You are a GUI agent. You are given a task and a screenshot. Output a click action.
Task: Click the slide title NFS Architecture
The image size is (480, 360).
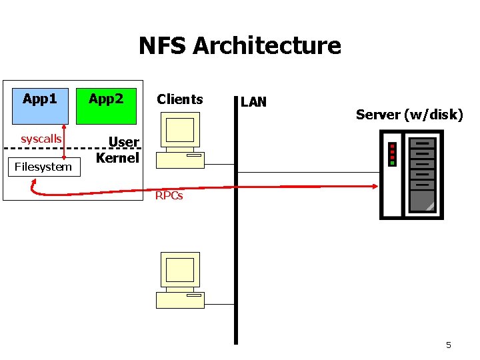coord(239,46)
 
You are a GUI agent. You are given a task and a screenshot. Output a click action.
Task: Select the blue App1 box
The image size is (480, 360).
coord(39,106)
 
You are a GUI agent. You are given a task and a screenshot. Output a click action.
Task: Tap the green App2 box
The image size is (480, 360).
coord(106,106)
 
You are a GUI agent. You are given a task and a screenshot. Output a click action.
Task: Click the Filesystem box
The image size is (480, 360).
coord(43,167)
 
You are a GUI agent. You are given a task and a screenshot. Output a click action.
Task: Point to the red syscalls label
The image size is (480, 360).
coord(41,139)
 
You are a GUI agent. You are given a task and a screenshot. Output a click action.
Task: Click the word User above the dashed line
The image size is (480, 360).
coord(123,142)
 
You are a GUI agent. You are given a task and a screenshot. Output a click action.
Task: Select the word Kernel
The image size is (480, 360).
coord(117,158)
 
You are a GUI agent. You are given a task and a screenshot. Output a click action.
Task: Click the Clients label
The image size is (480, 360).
coord(179,99)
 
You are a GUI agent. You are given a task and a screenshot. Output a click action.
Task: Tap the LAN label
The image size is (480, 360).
coord(253,102)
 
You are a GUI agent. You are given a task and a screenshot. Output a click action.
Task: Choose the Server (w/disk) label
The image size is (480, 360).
coord(409,115)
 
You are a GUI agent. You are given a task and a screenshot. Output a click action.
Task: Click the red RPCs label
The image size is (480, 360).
coord(169,196)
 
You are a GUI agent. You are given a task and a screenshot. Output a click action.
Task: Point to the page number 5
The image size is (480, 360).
coord(448,345)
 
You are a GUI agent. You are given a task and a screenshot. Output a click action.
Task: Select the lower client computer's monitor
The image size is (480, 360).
coord(180,270)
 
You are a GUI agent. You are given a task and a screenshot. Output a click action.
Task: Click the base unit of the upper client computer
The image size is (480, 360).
coord(180,159)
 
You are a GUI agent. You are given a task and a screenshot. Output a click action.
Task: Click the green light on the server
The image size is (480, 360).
coord(393,163)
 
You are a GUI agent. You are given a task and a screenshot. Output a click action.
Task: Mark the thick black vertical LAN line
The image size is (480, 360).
coord(235,267)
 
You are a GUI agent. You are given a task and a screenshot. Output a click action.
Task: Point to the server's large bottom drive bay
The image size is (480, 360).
coord(422,201)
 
